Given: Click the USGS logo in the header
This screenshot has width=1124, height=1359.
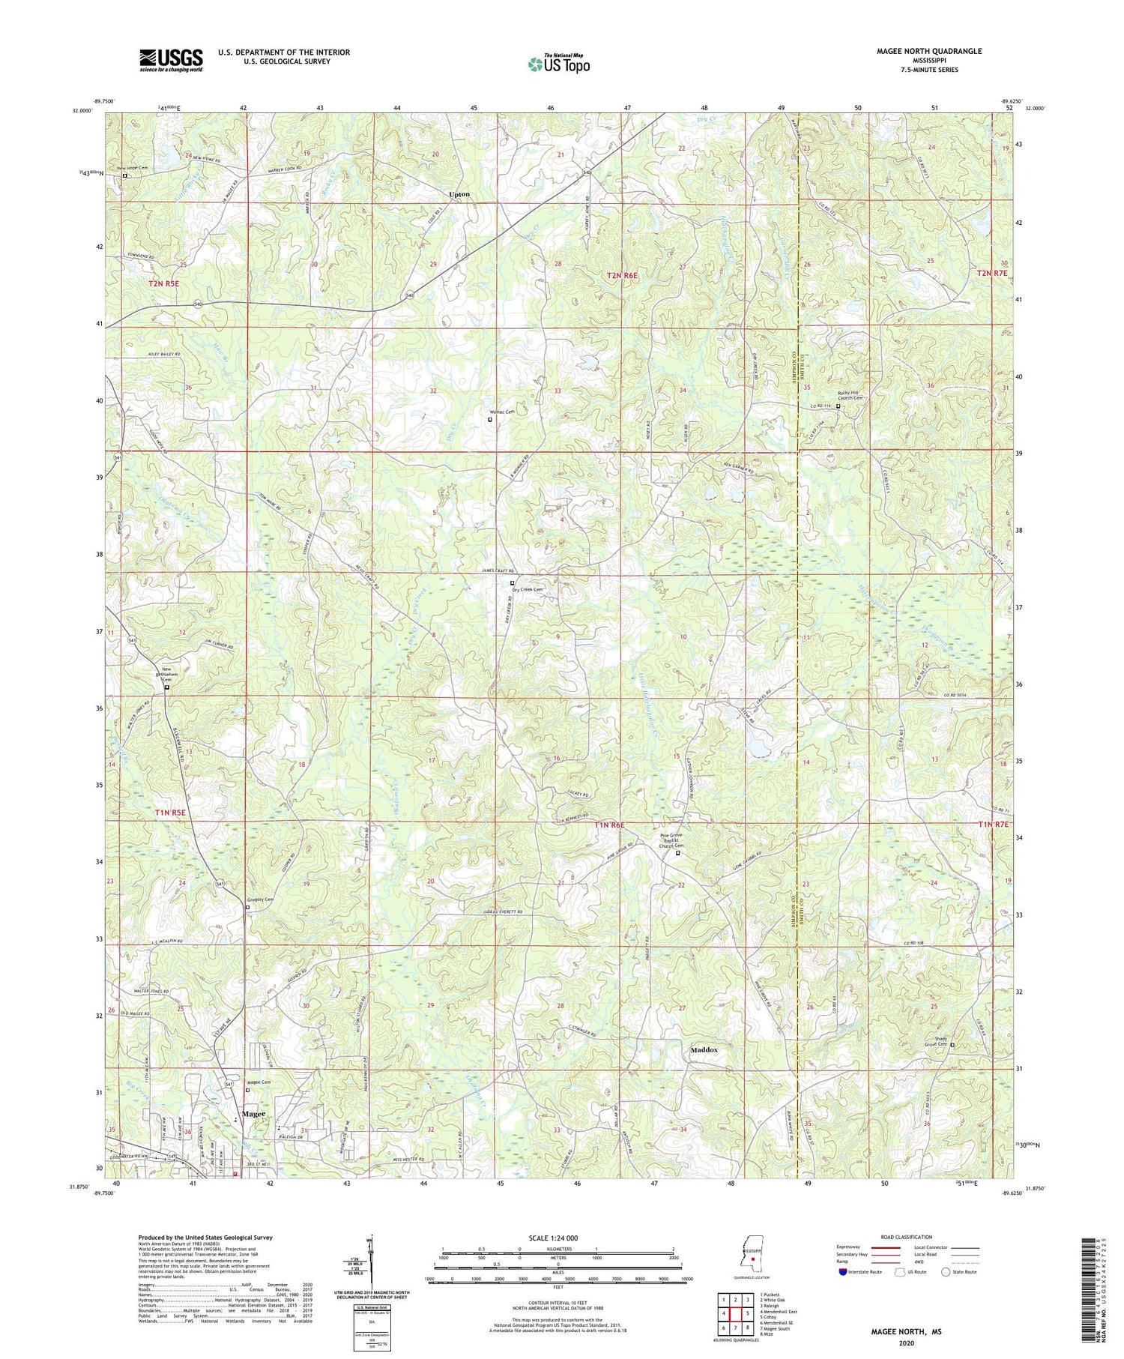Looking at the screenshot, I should click(x=171, y=60).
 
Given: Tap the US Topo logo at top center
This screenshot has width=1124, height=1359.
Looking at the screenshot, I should click(x=559, y=64).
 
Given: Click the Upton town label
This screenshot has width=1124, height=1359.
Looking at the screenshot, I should click(x=459, y=194).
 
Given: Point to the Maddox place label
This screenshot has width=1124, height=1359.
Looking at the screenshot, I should click(x=704, y=1050).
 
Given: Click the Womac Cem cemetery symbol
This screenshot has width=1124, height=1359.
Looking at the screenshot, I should click(x=490, y=420).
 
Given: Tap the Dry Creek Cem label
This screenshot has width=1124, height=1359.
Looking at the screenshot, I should click(x=527, y=590).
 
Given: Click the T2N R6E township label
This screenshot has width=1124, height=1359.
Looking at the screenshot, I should click(x=622, y=276).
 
